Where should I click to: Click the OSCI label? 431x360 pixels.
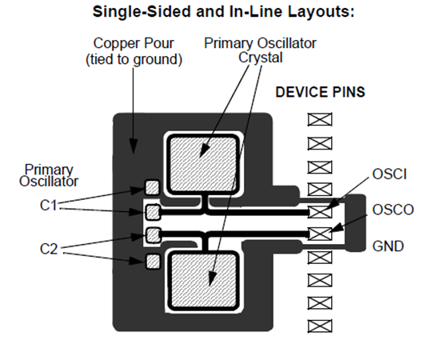tap(389, 174)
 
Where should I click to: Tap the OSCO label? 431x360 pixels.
tap(393, 210)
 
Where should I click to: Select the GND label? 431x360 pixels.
tap(388, 246)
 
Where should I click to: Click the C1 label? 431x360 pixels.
tap(49, 205)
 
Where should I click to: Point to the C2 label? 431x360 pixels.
tap(49, 249)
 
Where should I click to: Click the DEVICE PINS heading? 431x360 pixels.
tap(320, 92)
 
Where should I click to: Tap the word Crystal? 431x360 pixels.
tap(261, 58)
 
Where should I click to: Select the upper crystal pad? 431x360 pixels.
tap(203, 164)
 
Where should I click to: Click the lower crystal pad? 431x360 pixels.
tap(204, 280)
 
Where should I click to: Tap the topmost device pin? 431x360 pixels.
tap(320, 119)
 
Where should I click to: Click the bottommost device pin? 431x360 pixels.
tap(320, 326)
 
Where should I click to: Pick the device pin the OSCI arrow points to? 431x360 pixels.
tap(320, 212)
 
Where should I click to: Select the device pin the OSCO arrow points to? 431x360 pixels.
tap(320, 234)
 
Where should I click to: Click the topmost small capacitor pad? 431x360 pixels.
tap(152, 187)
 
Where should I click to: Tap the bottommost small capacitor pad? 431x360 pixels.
tap(153, 262)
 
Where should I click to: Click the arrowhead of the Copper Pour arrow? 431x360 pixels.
tap(134, 146)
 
